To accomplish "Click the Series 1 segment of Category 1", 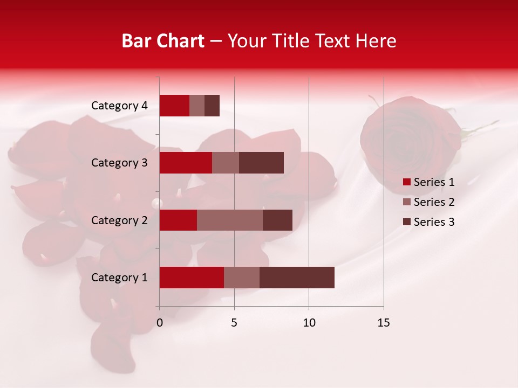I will click(192, 278).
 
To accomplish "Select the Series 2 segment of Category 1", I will click(242, 278).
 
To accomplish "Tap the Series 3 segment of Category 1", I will click(297, 278).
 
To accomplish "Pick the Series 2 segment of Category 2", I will click(230, 220).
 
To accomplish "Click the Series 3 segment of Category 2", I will click(277, 220).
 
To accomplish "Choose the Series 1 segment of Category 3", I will click(186, 163).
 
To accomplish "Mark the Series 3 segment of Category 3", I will click(261, 163).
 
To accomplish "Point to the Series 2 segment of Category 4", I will click(197, 106).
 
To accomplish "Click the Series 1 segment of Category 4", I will click(174, 106).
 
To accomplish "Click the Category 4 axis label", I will click(119, 106).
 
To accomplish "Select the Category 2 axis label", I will click(119, 220).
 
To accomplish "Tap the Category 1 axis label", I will click(119, 278).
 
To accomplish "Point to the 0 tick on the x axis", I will click(160, 323).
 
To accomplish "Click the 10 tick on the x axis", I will click(309, 323).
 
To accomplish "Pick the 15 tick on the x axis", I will click(384, 323).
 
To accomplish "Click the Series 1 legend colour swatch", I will click(407, 182).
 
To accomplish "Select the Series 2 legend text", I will click(434, 202).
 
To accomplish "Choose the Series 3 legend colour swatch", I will click(407, 222).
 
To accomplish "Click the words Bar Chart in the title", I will click(163, 40).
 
